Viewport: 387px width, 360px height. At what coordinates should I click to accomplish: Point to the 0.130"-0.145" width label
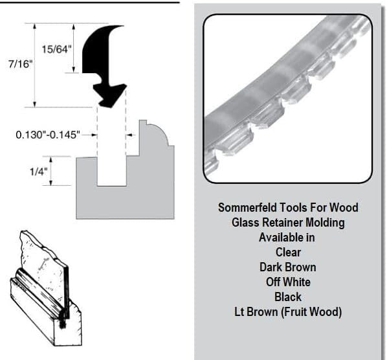point(47,135)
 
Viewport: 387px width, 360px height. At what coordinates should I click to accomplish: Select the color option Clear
point(288,253)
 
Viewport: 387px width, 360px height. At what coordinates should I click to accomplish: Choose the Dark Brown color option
point(288,267)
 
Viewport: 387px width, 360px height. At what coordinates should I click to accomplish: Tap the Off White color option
point(288,282)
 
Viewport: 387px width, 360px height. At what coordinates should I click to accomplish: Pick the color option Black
point(288,297)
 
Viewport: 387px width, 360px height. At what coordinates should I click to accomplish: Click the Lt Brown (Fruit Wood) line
point(288,312)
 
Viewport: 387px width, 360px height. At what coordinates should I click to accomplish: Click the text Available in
point(288,238)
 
